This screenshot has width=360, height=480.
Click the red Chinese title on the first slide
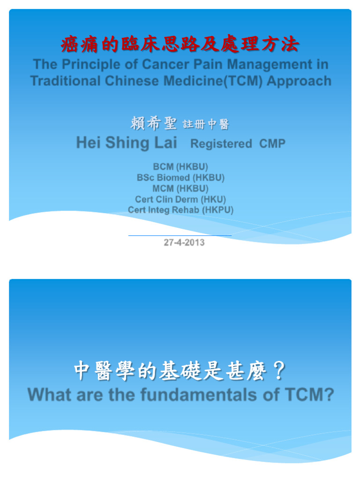(180, 45)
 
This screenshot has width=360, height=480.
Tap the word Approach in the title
(299, 81)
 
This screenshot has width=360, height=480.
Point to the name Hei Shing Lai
(127, 142)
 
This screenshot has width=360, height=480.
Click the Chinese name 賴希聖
(153, 124)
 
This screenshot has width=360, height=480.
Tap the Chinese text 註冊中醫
(206, 125)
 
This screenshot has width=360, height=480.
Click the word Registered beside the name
(221, 144)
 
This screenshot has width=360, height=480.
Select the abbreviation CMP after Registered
(272, 144)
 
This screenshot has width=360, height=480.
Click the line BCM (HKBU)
(180, 167)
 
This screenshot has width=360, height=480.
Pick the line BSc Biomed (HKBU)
(180, 178)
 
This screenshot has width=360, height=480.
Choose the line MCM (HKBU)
(180, 188)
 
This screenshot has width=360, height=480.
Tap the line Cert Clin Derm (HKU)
(180, 199)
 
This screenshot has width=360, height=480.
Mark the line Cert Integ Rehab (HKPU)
(180, 210)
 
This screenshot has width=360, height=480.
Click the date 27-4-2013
(184, 243)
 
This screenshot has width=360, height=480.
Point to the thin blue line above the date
(180, 235)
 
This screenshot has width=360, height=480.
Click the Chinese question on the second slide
(180, 373)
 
